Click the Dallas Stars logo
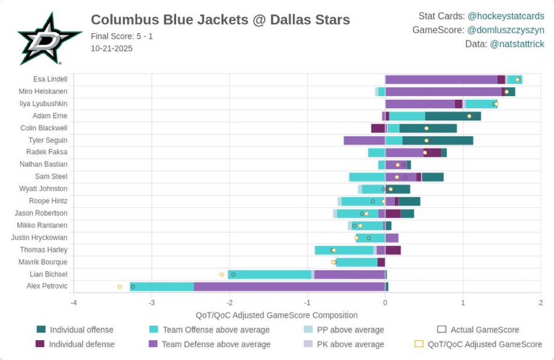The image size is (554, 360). point(49,39)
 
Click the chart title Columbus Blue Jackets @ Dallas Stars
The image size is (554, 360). point(220,20)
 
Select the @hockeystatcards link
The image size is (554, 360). point(506,16)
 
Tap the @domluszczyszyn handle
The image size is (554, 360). point(506,30)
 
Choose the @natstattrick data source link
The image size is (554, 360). point(517,44)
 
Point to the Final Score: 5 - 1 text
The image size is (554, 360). point(122,36)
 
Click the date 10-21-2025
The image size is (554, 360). point(111,48)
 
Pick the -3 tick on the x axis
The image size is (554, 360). point(151,303)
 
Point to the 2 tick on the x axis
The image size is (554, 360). point(540,303)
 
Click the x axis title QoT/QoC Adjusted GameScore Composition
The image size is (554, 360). point(276,315)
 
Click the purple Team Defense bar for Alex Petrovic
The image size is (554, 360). point(289,286)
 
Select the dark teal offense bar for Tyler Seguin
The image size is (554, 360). point(438,140)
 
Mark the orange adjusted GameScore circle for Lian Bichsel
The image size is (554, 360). point(222,274)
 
